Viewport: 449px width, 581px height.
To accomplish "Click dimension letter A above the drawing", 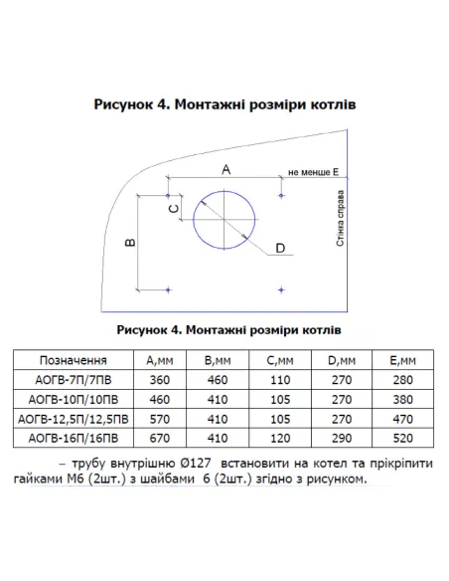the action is [x=225, y=170].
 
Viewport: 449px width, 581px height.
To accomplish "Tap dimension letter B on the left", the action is [x=130, y=242].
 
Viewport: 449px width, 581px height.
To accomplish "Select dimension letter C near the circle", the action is [x=172, y=210].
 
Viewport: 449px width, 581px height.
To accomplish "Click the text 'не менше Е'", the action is [x=313, y=172].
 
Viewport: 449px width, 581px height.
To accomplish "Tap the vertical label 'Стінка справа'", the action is [x=340, y=226].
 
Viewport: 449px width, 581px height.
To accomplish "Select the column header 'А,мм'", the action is [x=160, y=360].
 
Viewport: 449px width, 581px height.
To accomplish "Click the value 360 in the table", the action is [x=160, y=379].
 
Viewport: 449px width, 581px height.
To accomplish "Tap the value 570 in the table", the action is [x=160, y=417].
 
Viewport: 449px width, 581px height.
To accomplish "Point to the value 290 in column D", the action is [x=338, y=436].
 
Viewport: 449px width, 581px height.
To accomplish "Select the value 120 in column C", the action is [x=279, y=436].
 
